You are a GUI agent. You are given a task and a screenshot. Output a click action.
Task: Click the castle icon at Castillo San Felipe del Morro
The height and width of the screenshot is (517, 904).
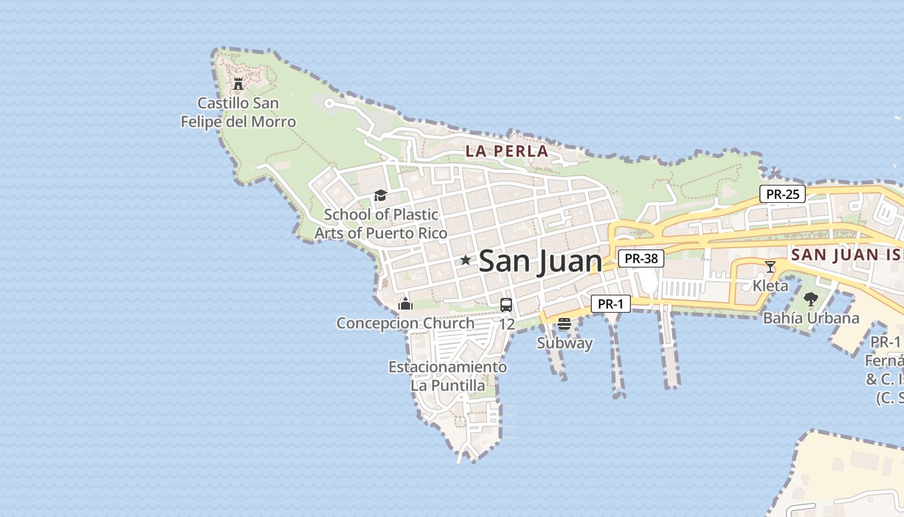pos(238,83)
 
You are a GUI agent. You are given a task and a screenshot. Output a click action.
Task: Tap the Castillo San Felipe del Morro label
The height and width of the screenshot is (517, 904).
pos(238,112)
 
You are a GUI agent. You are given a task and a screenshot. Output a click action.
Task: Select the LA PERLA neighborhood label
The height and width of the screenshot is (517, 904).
pos(507,152)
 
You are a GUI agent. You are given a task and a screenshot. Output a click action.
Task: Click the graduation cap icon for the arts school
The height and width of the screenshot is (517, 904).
pos(380,195)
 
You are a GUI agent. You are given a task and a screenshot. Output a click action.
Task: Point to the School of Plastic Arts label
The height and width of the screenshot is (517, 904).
pos(381,224)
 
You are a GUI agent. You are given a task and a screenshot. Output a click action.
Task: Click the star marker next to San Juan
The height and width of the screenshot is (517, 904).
pos(466,260)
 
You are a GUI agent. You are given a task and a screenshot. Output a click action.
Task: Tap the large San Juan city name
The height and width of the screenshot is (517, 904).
pos(540,261)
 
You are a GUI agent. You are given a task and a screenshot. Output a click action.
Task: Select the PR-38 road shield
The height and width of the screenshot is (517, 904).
pos(641,258)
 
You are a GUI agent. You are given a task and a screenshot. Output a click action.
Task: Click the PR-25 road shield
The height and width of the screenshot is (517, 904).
pos(782,194)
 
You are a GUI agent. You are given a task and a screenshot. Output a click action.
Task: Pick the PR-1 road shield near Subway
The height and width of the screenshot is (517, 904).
pos(610,304)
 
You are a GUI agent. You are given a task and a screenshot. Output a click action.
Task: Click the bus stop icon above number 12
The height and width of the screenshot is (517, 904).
pos(506,305)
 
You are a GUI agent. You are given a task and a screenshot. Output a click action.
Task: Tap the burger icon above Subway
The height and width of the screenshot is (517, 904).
pos(564,324)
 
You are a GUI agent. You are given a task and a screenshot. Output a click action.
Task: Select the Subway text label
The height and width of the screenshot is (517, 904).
pos(565,343)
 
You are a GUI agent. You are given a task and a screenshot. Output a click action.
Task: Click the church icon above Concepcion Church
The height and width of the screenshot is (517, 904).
pos(406,304)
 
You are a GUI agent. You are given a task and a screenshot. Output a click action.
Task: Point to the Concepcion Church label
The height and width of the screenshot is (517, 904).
pos(406,323)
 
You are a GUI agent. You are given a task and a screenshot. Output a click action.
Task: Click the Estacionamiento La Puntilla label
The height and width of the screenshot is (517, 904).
pos(447,376)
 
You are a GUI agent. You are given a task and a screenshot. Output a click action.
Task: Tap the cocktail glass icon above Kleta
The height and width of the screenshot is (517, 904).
pos(770,266)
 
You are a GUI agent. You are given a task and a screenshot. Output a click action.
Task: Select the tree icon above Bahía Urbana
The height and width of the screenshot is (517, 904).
pos(811,299)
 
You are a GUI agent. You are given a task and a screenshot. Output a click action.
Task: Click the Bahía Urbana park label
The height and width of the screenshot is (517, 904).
pos(811,318)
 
